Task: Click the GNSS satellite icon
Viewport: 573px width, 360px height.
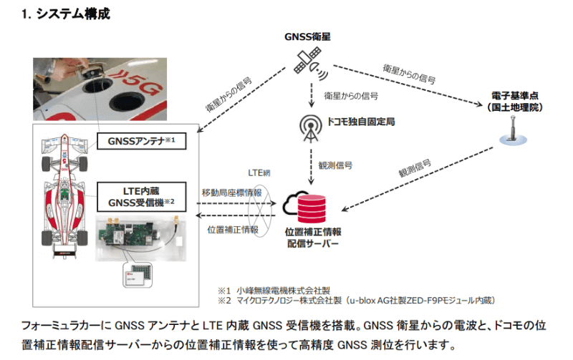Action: click(x=311, y=67)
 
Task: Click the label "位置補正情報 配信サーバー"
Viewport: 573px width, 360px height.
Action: click(x=312, y=238)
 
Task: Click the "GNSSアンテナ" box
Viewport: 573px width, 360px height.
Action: click(x=140, y=140)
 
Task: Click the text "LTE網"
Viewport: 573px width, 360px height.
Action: click(x=258, y=174)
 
